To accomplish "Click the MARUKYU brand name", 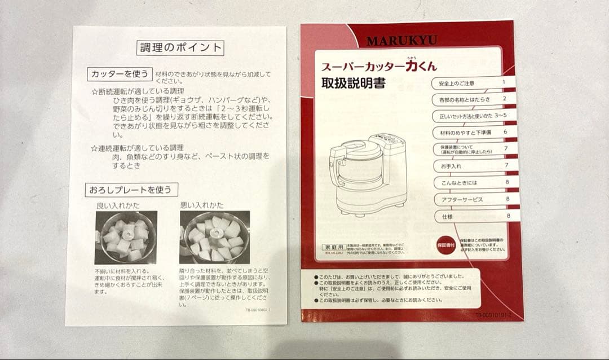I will tap(401, 41).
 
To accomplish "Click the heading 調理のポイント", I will tap(181, 47).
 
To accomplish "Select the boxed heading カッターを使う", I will tap(119, 74).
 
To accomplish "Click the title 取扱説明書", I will tap(353, 84).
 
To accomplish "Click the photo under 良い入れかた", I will tap(126, 238).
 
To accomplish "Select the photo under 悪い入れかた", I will tap(214, 237).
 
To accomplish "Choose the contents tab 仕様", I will tap(448, 216).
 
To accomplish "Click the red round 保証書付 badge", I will tap(445, 245).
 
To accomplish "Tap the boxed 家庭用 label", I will tap(332, 247).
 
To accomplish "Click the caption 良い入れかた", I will tap(118, 205).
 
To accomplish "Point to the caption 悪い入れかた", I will tap(203, 205).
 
